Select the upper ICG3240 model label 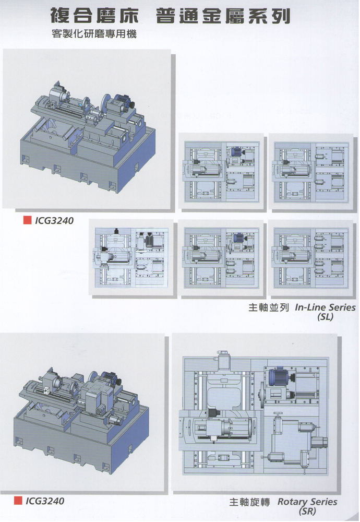pyautogui.click(x=54, y=221)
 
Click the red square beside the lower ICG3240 pyautogui.click(x=18, y=501)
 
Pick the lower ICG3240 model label pyautogui.click(x=45, y=502)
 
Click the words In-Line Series pyautogui.click(x=326, y=307)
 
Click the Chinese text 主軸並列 pyautogui.click(x=269, y=307)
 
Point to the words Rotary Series pyautogui.click(x=307, y=502)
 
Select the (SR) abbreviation pyautogui.click(x=305, y=512)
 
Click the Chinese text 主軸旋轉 pyautogui.click(x=249, y=503)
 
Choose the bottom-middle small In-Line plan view pyautogui.click(x=221, y=259)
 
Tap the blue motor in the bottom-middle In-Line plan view pyautogui.click(x=238, y=239)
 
